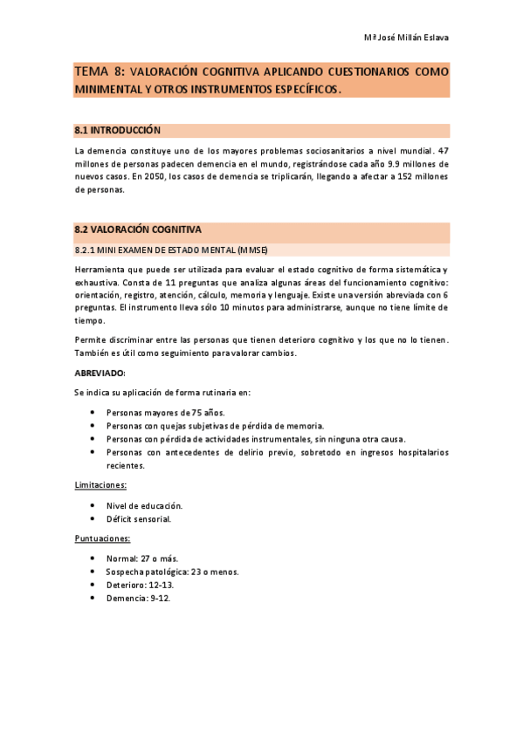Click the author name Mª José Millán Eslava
(x=405, y=38)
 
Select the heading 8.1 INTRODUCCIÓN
(x=118, y=130)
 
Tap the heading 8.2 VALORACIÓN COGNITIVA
(x=138, y=230)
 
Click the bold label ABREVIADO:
(x=100, y=373)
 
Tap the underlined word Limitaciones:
(x=101, y=484)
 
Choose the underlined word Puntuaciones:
(x=103, y=538)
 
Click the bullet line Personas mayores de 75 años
(x=165, y=412)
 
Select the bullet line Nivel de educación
(x=144, y=505)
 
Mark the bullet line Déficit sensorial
(x=139, y=519)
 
